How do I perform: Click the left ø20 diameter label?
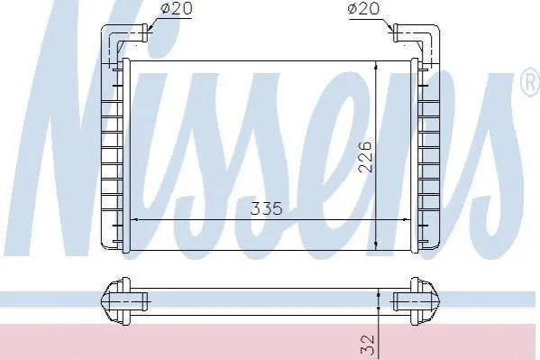[176, 8]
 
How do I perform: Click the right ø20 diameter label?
[363, 8]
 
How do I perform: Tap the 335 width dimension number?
[266, 208]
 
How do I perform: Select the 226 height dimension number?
[365, 156]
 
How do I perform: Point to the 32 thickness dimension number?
[367, 345]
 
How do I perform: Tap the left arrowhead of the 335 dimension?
[135, 219]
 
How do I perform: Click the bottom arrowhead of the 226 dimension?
[376, 245]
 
